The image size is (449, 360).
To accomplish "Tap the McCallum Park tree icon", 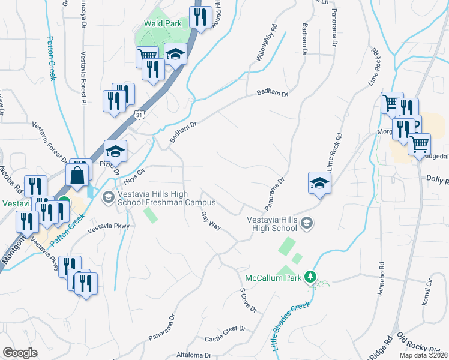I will pos(310,277).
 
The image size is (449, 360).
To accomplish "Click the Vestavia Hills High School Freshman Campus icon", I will pos(109,197).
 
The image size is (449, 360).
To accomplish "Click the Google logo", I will pos(20,353).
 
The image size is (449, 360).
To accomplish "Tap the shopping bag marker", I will pos(79,175).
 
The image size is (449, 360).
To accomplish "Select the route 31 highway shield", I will pos(139,113).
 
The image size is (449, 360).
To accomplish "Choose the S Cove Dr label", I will pos(248,300).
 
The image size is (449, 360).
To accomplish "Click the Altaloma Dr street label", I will pos(194,355).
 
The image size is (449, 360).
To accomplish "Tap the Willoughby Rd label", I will pos(265,44).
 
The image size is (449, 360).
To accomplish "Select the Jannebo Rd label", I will pos(381,280).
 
